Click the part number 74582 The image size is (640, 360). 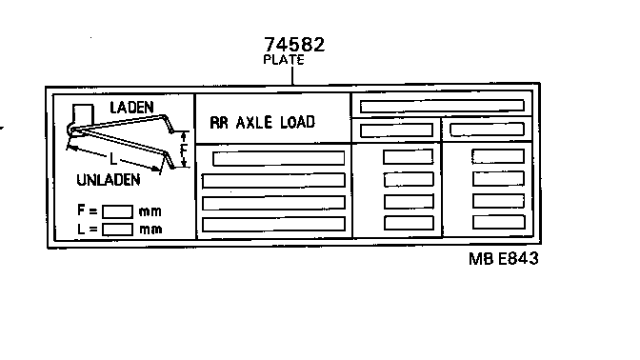294,45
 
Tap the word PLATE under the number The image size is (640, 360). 284,60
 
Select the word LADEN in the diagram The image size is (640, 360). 131,108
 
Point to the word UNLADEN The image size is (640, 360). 109,180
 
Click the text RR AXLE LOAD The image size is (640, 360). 263,123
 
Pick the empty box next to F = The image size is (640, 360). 117,211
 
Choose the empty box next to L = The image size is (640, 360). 117,230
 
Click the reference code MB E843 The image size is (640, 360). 504,259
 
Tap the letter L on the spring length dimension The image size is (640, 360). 113,159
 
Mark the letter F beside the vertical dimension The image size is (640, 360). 183,150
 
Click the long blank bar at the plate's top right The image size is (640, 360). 442,106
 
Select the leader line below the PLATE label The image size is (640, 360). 292,76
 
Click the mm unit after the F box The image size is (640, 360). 150,211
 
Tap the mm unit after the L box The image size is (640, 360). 150,230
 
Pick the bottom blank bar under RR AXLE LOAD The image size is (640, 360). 273,225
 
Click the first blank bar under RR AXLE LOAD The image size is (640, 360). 279,158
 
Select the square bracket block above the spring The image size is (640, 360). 83,113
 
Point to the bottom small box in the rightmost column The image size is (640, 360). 498,223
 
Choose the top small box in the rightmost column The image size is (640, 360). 498,156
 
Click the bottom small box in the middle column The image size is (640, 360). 409,223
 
